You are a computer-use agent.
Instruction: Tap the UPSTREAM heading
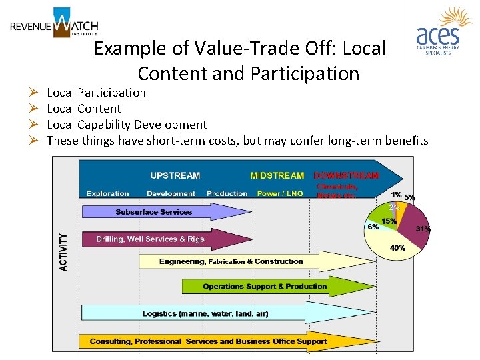(x=175, y=175)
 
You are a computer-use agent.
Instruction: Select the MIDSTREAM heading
(x=277, y=175)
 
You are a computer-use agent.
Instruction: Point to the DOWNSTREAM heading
(x=346, y=175)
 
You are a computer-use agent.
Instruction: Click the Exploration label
(x=107, y=193)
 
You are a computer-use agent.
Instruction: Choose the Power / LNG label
(x=279, y=193)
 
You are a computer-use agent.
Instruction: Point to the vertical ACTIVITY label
(x=64, y=251)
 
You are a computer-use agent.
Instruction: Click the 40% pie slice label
(x=397, y=248)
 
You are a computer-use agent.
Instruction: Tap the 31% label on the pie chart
(x=423, y=229)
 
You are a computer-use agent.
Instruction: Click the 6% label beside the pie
(x=373, y=227)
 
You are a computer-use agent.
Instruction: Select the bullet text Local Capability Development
(x=127, y=125)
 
